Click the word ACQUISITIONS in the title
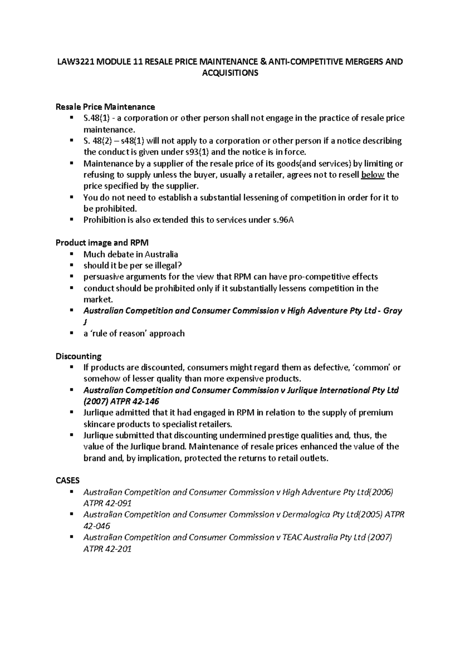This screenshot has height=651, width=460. (230, 73)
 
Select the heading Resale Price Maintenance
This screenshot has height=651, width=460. (105, 107)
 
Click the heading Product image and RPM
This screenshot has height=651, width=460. (102, 243)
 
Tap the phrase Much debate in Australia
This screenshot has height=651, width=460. (131, 255)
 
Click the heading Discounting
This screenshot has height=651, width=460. (79, 357)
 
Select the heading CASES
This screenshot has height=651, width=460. (67, 481)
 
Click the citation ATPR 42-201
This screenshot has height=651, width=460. (107, 549)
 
